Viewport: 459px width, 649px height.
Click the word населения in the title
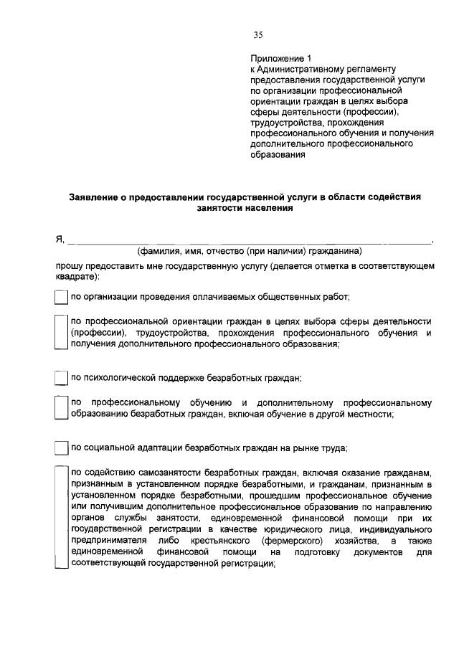click(x=265, y=208)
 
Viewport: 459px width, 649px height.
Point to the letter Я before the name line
click(x=60, y=240)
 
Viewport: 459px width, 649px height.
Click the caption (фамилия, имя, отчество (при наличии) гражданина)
click(x=250, y=251)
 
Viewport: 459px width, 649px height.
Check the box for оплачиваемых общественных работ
click(x=62, y=296)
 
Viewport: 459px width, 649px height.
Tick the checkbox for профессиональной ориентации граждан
click(x=62, y=332)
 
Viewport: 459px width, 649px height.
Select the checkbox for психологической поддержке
click(x=62, y=377)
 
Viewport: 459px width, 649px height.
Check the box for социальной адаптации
click(x=62, y=449)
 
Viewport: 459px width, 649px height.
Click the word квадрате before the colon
click(x=77, y=276)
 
